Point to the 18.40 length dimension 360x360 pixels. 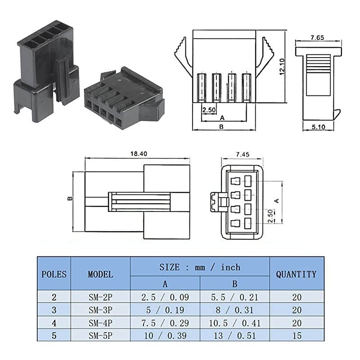coord(137,154)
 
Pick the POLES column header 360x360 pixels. coord(54,274)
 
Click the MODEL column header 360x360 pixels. coord(100,274)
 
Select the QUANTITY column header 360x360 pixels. coord(296,274)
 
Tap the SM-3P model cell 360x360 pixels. coord(100,310)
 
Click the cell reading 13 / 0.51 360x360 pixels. coord(234,335)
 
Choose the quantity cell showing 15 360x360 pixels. coord(296,335)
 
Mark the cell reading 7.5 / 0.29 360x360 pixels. coord(165,323)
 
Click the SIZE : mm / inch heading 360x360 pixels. coord(200,267)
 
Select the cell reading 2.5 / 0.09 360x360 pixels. coord(165,297)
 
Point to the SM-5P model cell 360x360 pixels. coord(100,335)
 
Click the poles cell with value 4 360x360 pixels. coord(54,323)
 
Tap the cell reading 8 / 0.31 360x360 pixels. coord(234,310)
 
